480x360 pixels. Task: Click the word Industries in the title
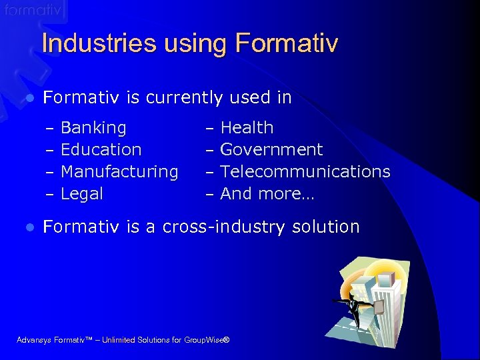tap(89, 44)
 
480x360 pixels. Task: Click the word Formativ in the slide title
tap(287, 44)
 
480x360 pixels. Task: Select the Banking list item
tap(93, 127)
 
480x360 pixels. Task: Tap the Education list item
tap(101, 149)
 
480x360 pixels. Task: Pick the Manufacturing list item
tap(119, 171)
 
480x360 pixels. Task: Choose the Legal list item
tap(82, 194)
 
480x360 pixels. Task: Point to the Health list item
tap(247, 127)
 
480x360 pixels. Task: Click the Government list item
tap(271, 149)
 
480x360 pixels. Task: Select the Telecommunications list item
tap(305, 171)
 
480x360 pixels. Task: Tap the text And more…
tap(267, 194)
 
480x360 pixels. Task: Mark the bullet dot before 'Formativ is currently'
tap(29, 99)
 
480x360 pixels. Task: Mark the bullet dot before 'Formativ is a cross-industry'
tap(29, 228)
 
